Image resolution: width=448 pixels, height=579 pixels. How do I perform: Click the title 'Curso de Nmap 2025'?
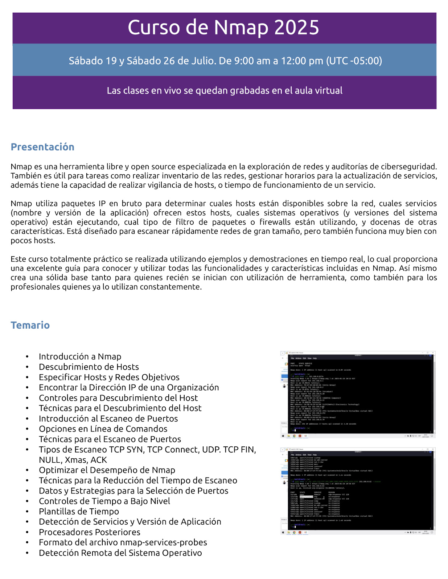point(223,28)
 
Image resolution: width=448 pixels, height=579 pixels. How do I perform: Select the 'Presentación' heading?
point(42,147)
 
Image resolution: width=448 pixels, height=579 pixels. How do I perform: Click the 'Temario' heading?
point(30,325)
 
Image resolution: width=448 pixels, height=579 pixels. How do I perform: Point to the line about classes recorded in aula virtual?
point(225,91)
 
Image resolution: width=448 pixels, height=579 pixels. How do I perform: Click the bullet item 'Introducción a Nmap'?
point(80,357)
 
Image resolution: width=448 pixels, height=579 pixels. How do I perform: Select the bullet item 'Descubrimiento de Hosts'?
point(89,367)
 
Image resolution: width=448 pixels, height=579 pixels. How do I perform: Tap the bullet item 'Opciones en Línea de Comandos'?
point(103,429)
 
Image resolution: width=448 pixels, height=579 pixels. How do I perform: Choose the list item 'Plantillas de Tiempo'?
point(79,512)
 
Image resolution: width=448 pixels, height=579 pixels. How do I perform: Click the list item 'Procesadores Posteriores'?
point(90,532)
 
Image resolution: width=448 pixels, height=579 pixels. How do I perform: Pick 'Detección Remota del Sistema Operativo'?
point(120,553)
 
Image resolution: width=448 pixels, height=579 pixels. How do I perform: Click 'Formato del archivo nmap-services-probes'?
point(123,542)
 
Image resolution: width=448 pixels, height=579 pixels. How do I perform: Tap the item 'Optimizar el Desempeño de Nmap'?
point(107,470)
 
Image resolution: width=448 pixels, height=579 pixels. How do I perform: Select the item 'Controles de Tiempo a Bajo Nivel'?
point(104,501)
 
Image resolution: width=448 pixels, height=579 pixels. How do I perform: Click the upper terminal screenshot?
point(358,395)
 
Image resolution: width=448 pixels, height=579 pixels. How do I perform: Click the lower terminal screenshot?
point(358,491)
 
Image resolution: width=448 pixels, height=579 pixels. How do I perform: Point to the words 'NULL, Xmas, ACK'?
point(73,460)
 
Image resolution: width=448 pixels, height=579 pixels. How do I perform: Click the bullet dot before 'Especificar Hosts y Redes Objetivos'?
point(27,378)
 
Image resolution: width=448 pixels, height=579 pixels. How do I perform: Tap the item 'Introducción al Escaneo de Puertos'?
point(108,419)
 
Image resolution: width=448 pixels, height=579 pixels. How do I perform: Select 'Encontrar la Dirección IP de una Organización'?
point(129,388)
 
